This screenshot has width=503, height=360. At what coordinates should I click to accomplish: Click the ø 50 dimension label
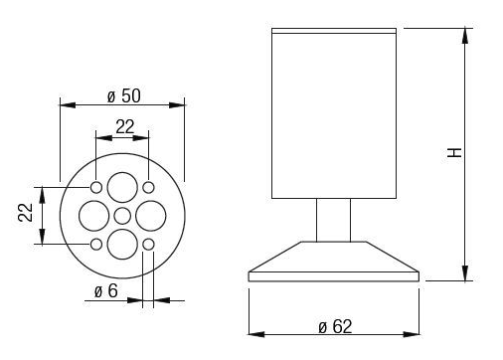pyautogui.click(x=124, y=95)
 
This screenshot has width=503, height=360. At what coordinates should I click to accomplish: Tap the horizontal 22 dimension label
pyautogui.click(x=125, y=126)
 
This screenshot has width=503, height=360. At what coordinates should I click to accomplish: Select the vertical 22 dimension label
pyautogui.click(x=26, y=213)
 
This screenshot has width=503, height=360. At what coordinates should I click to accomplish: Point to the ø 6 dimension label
pyautogui.click(x=106, y=290)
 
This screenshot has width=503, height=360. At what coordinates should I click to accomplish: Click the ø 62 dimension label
pyautogui.click(x=335, y=326)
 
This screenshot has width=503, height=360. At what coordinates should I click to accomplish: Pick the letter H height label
pyautogui.click(x=454, y=152)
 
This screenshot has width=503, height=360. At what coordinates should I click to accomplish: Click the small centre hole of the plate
pyautogui.click(x=122, y=216)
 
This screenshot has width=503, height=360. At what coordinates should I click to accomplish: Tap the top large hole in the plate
pyautogui.click(x=122, y=187)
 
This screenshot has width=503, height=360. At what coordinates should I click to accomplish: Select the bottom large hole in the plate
pyautogui.click(x=122, y=245)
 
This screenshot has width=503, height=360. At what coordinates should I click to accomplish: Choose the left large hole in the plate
pyautogui.click(x=94, y=216)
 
